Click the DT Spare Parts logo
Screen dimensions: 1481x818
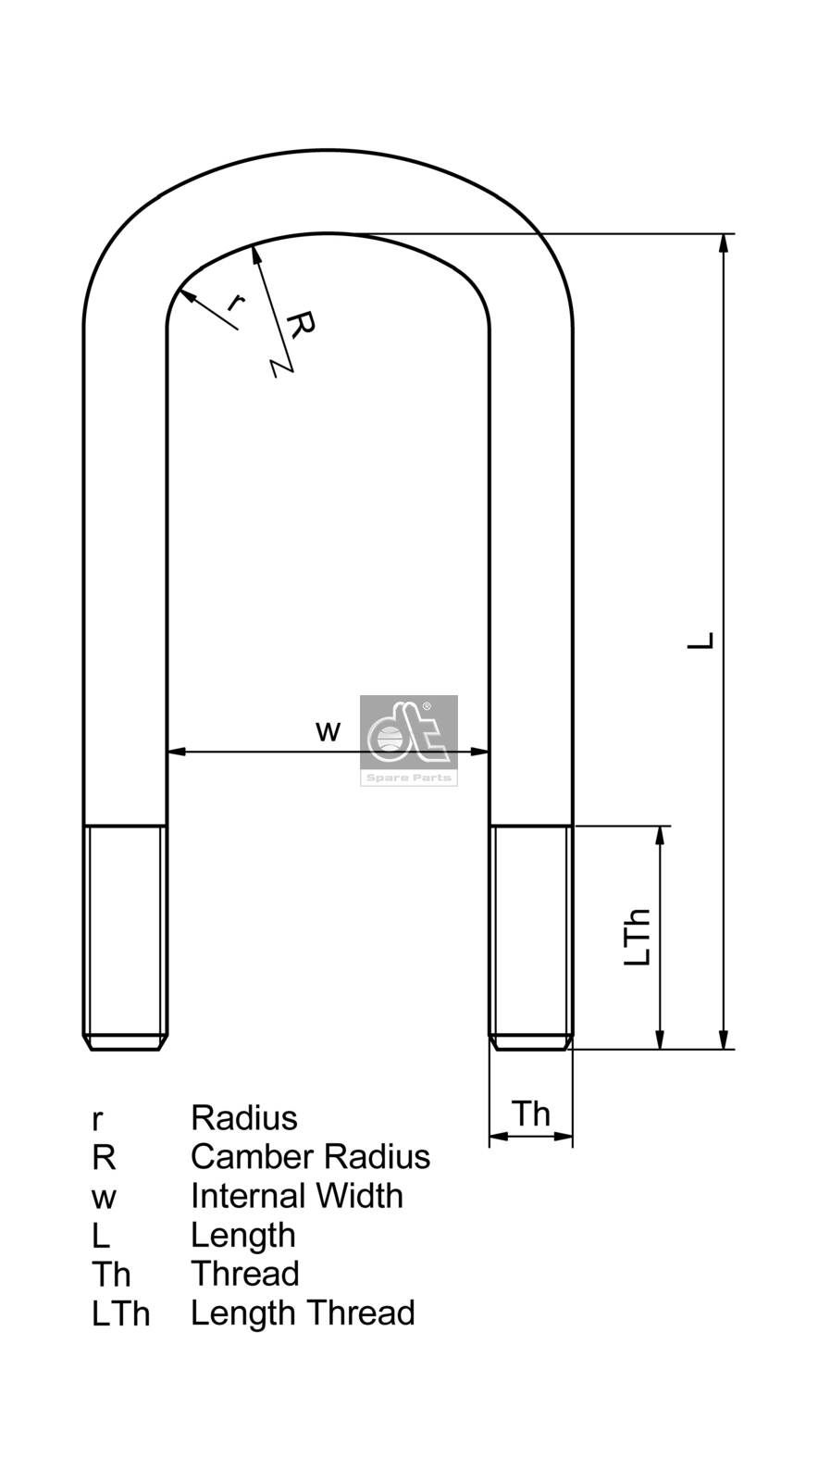(x=408, y=740)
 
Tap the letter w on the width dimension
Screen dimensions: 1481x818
(x=328, y=731)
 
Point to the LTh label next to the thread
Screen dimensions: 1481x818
(x=638, y=938)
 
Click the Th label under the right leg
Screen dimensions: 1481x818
(x=531, y=1114)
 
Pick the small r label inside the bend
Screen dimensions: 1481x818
(x=236, y=303)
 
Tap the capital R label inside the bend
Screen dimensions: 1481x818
(x=301, y=325)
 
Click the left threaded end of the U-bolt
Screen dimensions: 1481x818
(x=126, y=937)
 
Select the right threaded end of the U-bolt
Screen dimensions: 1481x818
(x=531, y=937)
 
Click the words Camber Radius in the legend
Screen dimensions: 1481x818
(x=310, y=1156)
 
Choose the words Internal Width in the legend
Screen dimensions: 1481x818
(x=296, y=1196)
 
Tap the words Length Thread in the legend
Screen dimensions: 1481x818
(x=303, y=1313)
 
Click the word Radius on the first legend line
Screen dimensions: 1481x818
(x=244, y=1117)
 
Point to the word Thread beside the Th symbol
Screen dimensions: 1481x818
(x=245, y=1274)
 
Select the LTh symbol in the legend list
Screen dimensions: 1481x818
(x=120, y=1314)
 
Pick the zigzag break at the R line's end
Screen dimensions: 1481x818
(x=280, y=367)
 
